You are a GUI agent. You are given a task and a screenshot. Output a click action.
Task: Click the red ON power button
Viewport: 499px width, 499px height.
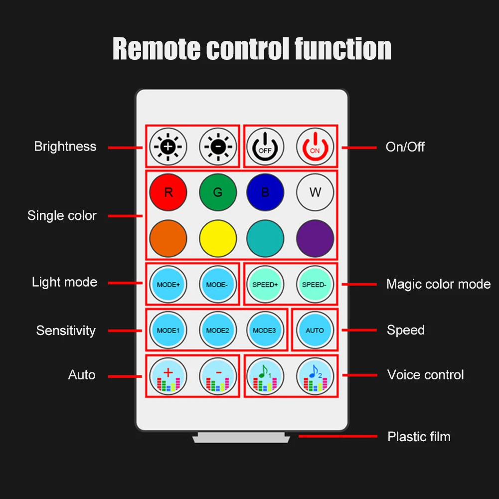315,147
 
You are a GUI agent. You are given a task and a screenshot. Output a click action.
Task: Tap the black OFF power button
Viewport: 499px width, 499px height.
265,147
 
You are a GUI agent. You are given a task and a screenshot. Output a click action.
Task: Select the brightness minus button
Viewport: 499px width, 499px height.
217,147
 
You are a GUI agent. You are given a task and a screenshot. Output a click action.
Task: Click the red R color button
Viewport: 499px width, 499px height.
168,192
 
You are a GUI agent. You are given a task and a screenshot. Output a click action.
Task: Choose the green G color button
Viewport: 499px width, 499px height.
217,192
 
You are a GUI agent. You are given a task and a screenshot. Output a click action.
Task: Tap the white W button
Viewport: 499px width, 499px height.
315,192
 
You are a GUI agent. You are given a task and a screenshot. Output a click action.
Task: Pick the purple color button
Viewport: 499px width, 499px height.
315,238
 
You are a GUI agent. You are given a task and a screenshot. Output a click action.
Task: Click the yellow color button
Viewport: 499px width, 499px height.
217,238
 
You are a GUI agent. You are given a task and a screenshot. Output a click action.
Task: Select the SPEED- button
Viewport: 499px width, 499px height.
315,285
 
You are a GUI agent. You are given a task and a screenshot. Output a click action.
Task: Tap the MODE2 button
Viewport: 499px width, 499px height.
217,330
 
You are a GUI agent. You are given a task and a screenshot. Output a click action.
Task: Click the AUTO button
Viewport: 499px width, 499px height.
315,330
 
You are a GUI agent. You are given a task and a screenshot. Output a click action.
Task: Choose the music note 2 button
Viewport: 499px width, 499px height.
315,376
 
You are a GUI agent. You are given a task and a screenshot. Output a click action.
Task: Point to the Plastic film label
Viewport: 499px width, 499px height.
419,437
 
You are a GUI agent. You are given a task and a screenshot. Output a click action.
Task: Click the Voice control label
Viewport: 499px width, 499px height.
425,375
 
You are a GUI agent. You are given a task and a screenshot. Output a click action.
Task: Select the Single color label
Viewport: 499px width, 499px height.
62,215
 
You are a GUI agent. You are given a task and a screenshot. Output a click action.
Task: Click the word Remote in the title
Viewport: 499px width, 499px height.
156,48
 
